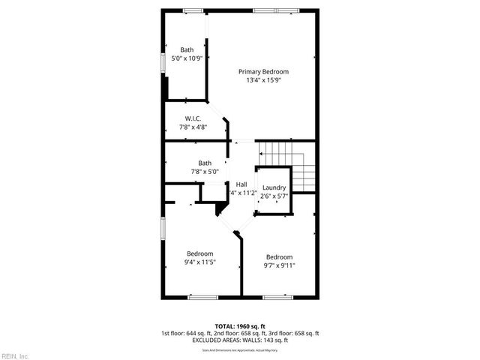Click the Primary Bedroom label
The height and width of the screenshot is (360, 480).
pos(263,72)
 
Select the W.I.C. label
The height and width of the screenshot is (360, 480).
pos(193,118)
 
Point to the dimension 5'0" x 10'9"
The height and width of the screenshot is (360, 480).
pos(187,58)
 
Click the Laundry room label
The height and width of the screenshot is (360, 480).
pos(274,187)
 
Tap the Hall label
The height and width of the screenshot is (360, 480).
pos(241,184)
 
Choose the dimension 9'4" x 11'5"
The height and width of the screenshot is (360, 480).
pos(200,262)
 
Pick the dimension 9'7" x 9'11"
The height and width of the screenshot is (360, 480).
pos(279,265)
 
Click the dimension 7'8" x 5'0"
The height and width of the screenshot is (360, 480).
pos(205,172)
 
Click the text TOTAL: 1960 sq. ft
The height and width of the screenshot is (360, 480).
pos(239,326)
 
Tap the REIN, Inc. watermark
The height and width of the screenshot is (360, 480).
pos(15,355)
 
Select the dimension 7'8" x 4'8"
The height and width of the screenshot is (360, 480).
pos(193,127)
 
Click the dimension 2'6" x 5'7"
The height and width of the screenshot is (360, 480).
pos(274,196)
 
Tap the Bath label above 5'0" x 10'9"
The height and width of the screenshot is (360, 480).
pos(186,49)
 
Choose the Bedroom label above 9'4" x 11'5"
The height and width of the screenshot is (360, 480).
pos(200,253)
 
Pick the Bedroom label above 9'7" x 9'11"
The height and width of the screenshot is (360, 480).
pos(279,256)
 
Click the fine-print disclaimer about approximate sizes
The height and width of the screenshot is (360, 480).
pos(239,350)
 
